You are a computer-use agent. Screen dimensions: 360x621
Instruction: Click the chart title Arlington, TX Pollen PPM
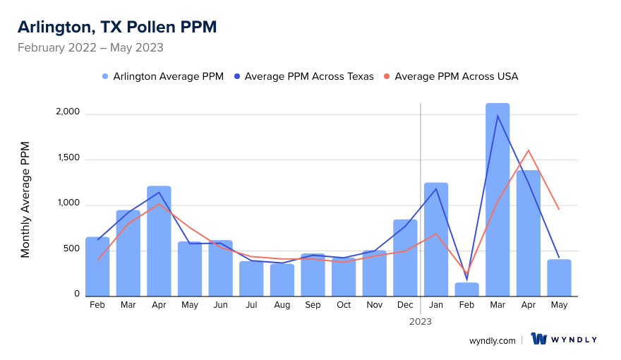[x=117, y=27]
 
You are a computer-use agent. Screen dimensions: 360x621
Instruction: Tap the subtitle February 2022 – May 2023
[x=90, y=48]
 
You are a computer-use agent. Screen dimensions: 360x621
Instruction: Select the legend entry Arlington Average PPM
[x=162, y=76]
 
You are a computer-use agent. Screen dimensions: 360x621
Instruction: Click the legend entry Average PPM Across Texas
[x=303, y=76]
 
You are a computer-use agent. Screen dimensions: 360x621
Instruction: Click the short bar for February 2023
[x=467, y=289]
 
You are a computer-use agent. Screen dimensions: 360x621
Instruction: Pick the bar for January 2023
[x=436, y=240]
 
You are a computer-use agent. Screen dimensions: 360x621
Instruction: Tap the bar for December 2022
[x=405, y=258]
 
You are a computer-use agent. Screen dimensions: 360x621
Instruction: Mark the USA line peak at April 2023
[x=529, y=150]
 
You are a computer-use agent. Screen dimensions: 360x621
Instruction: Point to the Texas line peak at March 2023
[x=498, y=116]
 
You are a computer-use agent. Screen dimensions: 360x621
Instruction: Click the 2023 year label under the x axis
[x=421, y=321]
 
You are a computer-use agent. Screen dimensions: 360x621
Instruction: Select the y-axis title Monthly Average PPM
[x=25, y=199]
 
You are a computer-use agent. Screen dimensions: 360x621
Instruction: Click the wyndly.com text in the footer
[x=493, y=340]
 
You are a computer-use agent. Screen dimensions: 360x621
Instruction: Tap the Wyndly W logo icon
[x=539, y=339]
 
